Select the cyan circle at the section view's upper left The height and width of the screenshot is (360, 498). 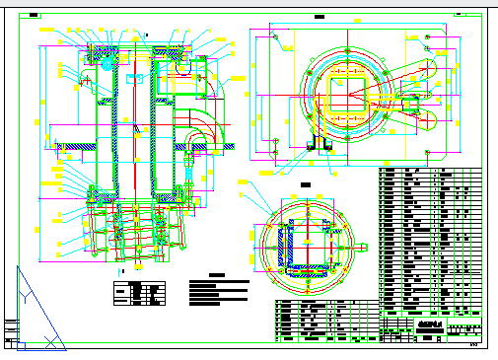point(107,61)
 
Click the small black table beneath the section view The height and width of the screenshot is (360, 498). point(137,294)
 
